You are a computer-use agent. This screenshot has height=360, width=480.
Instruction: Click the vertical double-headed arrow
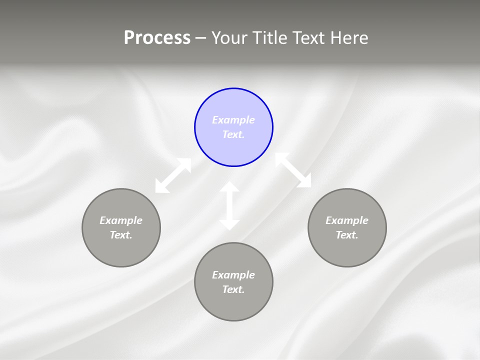tap(229, 205)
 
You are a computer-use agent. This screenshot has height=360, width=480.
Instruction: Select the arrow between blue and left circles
tap(173, 175)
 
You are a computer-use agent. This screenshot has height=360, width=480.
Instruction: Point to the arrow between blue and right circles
tap(293, 170)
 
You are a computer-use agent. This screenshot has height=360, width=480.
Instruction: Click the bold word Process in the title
tap(157, 37)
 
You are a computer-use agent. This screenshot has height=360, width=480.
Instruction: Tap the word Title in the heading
tap(269, 37)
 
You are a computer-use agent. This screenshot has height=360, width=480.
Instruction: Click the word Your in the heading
tap(229, 37)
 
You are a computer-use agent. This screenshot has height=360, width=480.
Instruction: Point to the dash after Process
tap(200, 38)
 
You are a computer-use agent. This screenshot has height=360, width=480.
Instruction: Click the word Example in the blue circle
tap(233, 120)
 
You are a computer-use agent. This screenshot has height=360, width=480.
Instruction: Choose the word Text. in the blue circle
tap(233, 134)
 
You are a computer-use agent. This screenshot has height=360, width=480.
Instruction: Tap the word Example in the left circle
tap(121, 220)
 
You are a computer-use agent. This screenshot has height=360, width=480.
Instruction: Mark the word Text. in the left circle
tap(121, 235)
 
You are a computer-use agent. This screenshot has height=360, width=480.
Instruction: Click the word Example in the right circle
tap(347, 220)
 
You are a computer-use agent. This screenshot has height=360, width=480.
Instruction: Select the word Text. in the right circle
tap(347, 235)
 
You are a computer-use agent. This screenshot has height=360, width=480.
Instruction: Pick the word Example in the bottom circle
tap(233, 275)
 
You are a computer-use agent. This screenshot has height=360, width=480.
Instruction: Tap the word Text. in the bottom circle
tap(233, 289)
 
